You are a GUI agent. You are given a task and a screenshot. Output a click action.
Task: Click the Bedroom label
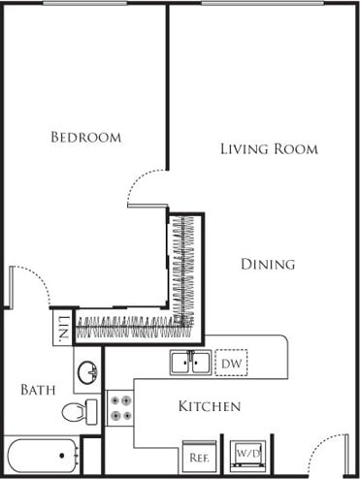click(86, 138)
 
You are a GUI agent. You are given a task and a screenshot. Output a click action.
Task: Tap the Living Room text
click(269, 149)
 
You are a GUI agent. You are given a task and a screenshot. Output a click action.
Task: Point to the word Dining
click(268, 264)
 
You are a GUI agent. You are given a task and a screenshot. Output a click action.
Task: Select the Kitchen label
click(209, 406)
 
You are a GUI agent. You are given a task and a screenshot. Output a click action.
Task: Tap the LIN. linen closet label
click(62, 328)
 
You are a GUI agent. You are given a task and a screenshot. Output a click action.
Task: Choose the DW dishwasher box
click(231, 363)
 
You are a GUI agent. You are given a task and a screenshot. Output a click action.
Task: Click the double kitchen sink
click(190, 363)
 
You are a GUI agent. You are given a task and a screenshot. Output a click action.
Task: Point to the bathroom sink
click(88, 371)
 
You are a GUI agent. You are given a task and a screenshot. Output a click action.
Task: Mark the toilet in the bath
click(80, 411)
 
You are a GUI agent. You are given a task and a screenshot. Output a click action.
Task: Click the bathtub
click(41, 457)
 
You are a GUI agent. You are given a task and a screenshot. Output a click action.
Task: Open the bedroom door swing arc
click(147, 186)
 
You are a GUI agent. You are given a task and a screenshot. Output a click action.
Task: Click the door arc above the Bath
click(29, 283)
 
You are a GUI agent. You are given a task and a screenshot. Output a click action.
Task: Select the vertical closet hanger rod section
click(183, 267)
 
